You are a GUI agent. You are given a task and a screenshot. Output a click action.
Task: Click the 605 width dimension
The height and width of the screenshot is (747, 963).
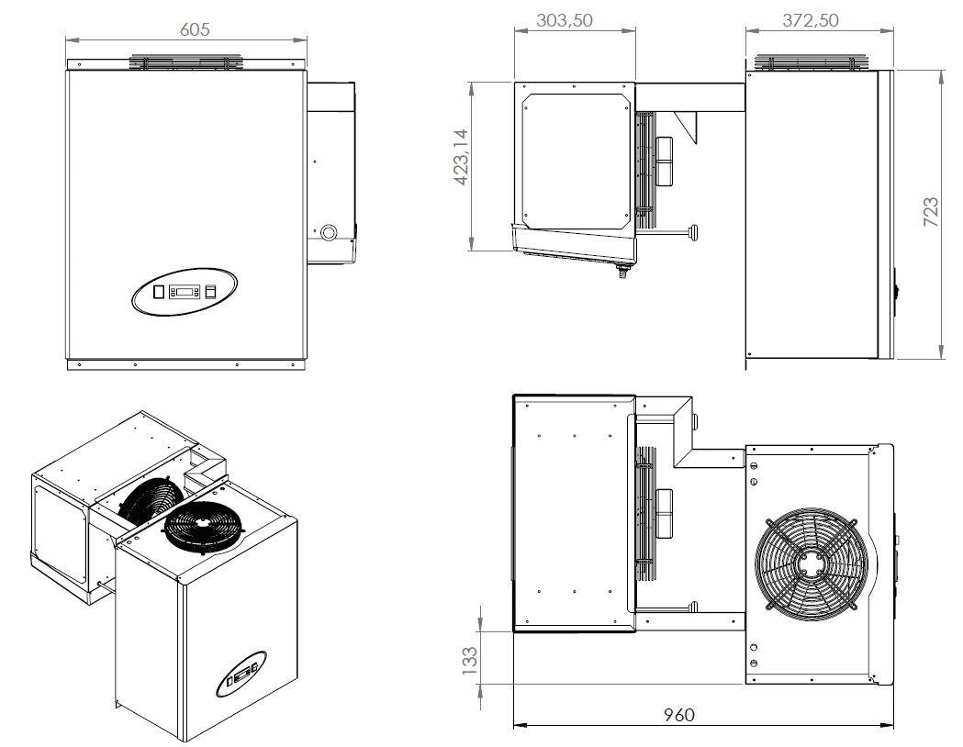pyautogui.click(x=195, y=29)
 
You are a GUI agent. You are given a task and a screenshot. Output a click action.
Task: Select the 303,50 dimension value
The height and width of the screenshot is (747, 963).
pyautogui.click(x=564, y=21)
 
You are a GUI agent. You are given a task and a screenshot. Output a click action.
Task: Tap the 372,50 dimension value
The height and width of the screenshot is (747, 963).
pyautogui.click(x=809, y=21)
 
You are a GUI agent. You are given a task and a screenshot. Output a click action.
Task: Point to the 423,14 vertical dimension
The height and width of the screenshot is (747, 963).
pyautogui.click(x=462, y=157)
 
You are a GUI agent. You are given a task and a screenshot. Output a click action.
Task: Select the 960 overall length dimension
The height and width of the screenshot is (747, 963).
pyautogui.click(x=679, y=714)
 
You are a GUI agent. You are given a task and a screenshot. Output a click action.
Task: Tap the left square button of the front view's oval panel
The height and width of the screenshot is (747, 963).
pyautogui.click(x=158, y=292)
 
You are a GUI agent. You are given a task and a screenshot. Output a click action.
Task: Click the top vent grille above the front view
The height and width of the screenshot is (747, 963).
pyautogui.click(x=187, y=62)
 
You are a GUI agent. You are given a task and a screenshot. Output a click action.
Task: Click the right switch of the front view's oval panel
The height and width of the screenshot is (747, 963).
pyautogui.click(x=210, y=292)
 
